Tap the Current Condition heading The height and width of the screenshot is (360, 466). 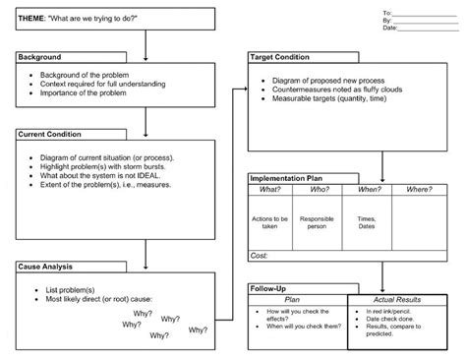pyautogui.click(x=49, y=133)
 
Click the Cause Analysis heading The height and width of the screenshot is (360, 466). pyautogui.click(x=44, y=266)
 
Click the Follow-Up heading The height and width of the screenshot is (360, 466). pyautogui.click(x=267, y=286)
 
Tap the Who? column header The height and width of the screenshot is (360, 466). pyautogui.click(x=318, y=188)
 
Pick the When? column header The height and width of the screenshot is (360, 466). pyautogui.click(x=369, y=188)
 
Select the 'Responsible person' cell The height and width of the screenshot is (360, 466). pyautogui.click(x=318, y=221)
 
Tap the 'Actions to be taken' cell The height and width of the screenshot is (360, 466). pyautogui.click(x=270, y=221)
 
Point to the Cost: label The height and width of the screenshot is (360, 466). pyautogui.click(x=260, y=255)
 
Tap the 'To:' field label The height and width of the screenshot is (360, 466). pyautogui.click(x=387, y=12)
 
